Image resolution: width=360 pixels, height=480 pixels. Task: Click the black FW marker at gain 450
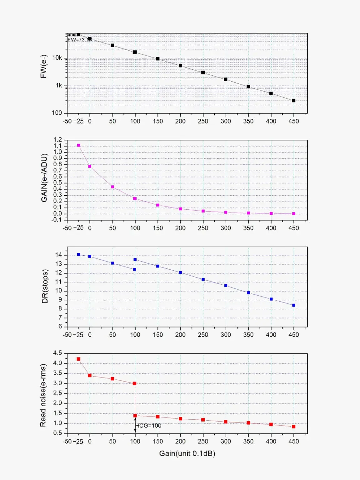point(293,101)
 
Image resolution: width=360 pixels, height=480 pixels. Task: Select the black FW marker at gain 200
point(180,66)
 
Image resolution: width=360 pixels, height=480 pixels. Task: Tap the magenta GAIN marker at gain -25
point(78,145)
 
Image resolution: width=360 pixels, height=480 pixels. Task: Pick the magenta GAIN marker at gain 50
point(112,187)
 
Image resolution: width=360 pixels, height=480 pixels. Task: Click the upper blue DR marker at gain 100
point(135,259)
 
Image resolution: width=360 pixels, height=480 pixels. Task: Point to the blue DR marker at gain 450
point(293,305)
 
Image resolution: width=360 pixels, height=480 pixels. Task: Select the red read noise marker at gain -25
point(78,359)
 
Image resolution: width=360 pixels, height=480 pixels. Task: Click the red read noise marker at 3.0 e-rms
point(134,383)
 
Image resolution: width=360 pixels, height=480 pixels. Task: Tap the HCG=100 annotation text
point(148,426)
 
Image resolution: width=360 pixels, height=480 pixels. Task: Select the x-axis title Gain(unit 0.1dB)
point(187,453)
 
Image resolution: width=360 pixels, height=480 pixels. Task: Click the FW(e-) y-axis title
point(43,67)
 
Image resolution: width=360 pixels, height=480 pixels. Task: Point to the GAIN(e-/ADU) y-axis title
point(44,178)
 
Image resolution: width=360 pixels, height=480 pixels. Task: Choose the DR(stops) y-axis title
point(45,286)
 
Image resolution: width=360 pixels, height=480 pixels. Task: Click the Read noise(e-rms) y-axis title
point(43,395)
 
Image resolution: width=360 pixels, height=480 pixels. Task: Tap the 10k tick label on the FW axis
point(57,58)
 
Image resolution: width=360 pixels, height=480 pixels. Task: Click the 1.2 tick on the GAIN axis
point(58,140)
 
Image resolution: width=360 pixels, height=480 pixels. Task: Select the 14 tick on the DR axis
point(59,255)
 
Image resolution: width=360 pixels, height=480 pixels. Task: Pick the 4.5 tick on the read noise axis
point(57,353)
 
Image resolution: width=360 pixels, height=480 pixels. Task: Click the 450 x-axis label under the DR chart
point(293,335)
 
